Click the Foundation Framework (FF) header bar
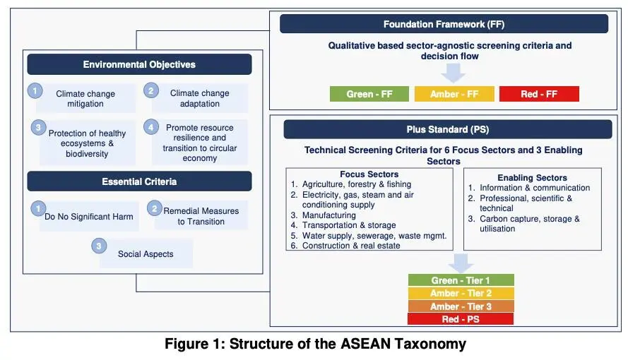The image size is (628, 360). (x=444, y=24)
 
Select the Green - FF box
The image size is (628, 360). (x=369, y=94)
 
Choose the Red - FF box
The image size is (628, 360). (x=539, y=94)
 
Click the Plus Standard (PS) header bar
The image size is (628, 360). (x=447, y=129)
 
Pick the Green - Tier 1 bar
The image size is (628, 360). (x=461, y=280)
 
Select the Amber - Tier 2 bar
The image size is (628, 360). (x=461, y=294)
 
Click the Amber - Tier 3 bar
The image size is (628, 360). (x=461, y=306)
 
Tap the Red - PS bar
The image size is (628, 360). (x=461, y=319)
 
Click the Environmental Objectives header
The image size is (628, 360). (x=139, y=64)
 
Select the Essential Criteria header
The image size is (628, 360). (x=139, y=181)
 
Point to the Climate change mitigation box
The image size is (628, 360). (x=85, y=99)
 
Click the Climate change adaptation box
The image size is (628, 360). (x=199, y=98)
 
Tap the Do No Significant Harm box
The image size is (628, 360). (x=89, y=216)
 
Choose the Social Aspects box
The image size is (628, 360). (x=146, y=253)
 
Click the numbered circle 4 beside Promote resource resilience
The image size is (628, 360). (x=150, y=128)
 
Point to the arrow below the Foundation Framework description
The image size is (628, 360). (x=453, y=72)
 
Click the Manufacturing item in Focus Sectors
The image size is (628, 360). (x=328, y=215)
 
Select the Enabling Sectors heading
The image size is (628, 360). (x=532, y=178)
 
